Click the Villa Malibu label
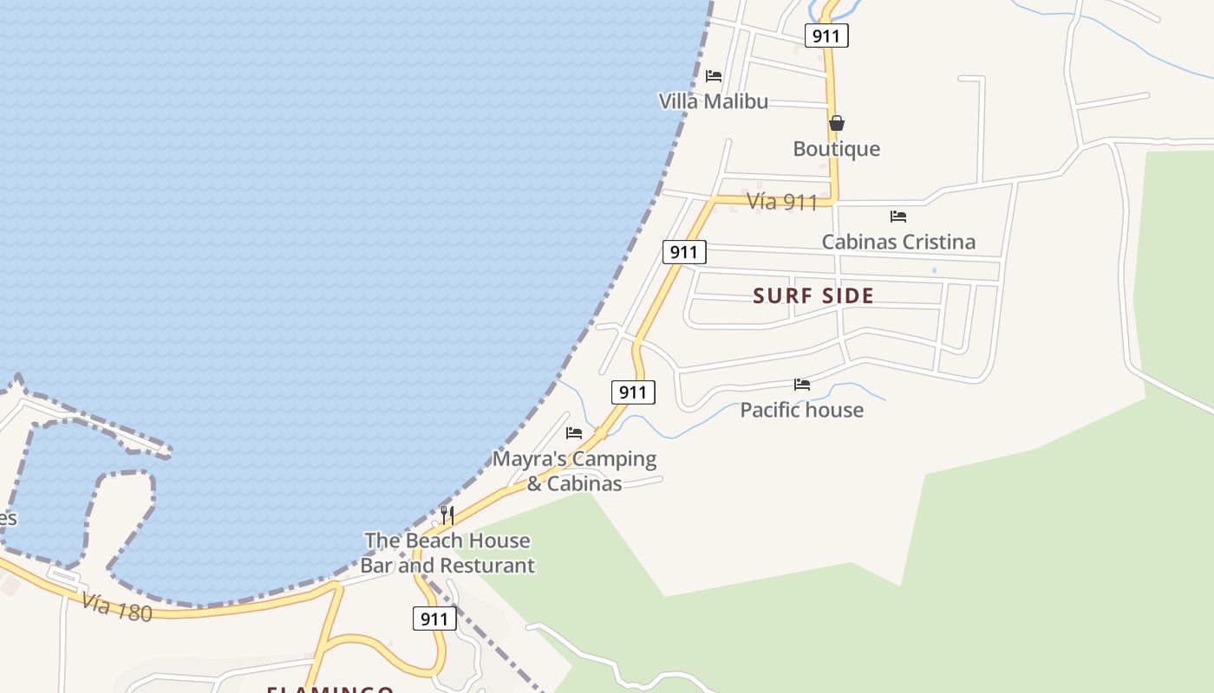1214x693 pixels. point(713,101)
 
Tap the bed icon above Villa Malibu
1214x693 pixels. point(714,76)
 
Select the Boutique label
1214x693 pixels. point(836,149)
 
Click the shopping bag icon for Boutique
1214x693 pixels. point(837,124)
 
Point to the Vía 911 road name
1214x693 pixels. point(782,202)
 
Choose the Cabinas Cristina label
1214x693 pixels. point(898,242)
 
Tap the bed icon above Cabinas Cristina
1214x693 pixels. point(898,217)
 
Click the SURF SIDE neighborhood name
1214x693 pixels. point(813,296)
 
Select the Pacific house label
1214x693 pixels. point(801,410)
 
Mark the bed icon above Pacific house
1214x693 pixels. point(802,384)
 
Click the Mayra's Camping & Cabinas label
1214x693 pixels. point(574,470)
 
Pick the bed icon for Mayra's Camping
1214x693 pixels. point(574,433)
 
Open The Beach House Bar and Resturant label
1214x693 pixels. point(447,553)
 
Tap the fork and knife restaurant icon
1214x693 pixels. point(447,515)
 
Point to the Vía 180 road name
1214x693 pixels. point(117,607)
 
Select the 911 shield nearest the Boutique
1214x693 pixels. point(826,36)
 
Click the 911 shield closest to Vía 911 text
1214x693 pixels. point(684,252)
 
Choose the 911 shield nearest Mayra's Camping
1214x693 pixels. point(633,392)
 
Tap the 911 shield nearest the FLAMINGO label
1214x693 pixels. point(434,619)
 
